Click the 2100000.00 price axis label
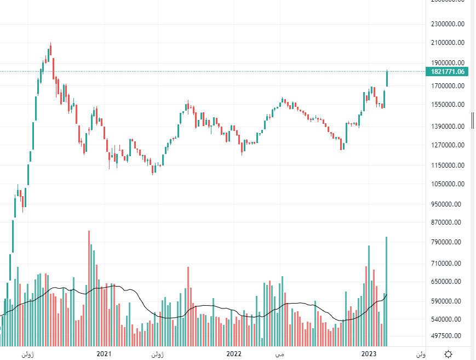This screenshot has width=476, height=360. click(448, 43)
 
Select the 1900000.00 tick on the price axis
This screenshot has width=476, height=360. click(448, 63)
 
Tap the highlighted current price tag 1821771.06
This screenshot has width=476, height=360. click(448, 72)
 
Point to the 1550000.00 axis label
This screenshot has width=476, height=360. click(448, 105)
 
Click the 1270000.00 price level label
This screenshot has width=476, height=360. click(448, 145)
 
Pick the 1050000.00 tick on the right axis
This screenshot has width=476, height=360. click(448, 185)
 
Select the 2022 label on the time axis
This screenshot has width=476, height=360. click(234, 354)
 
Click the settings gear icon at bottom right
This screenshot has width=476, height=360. click(449, 354)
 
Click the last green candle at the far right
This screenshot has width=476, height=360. click(387, 78)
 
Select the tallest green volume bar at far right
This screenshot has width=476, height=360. click(387, 290)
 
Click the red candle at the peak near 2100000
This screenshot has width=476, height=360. click(54, 68)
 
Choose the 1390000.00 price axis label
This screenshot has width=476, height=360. click(448, 127)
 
